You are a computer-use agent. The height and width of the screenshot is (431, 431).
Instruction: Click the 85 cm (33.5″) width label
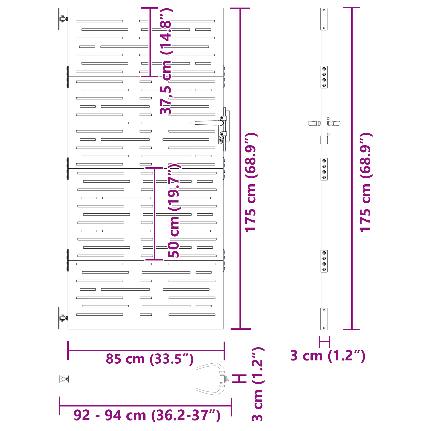pos(150,359)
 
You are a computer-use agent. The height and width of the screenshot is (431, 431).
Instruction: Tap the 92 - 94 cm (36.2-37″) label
pos(147,415)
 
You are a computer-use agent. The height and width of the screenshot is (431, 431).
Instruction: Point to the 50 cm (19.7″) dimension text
pos(174,210)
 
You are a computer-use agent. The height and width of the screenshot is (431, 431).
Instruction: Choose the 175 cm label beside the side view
pos(366,182)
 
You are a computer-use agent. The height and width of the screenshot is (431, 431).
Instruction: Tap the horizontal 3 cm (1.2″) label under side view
pos(328,356)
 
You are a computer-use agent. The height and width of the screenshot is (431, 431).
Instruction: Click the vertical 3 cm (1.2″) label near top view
pos(258,384)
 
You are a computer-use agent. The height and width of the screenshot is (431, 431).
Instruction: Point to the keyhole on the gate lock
pos(221,140)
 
